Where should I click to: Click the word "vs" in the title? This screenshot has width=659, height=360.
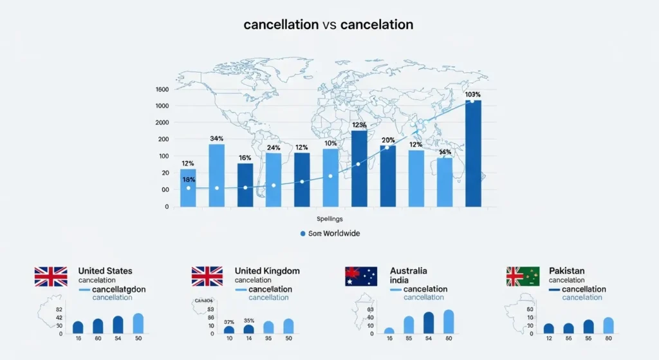click(x=329, y=25)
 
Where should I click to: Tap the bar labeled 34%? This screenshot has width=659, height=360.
click(x=217, y=175)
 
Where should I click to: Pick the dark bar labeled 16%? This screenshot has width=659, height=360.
click(x=245, y=185)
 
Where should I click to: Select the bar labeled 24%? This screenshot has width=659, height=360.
click(x=274, y=180)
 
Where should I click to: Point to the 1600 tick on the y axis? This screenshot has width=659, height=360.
click(x=162, y=90)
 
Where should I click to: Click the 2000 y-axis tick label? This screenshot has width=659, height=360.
click(x=162, y=122)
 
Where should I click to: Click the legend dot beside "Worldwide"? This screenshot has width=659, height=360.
click(x=302, y=233)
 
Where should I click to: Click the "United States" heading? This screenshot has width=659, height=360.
click(x=105, y=271)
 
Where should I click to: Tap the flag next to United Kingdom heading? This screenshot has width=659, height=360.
click(x=207, y=276)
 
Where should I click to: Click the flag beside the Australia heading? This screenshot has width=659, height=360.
click(x=361, y=276)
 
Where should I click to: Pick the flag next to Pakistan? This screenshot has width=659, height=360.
click(x=523, y=276)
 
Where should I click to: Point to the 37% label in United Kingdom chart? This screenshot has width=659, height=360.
click(x=229, y=321)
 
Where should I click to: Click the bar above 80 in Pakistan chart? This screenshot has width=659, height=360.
click(x=608, y=325)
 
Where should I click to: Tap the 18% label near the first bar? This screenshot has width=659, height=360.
click(x=189, y=180)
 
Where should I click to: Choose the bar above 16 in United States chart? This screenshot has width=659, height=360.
click(x=78, y=327)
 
